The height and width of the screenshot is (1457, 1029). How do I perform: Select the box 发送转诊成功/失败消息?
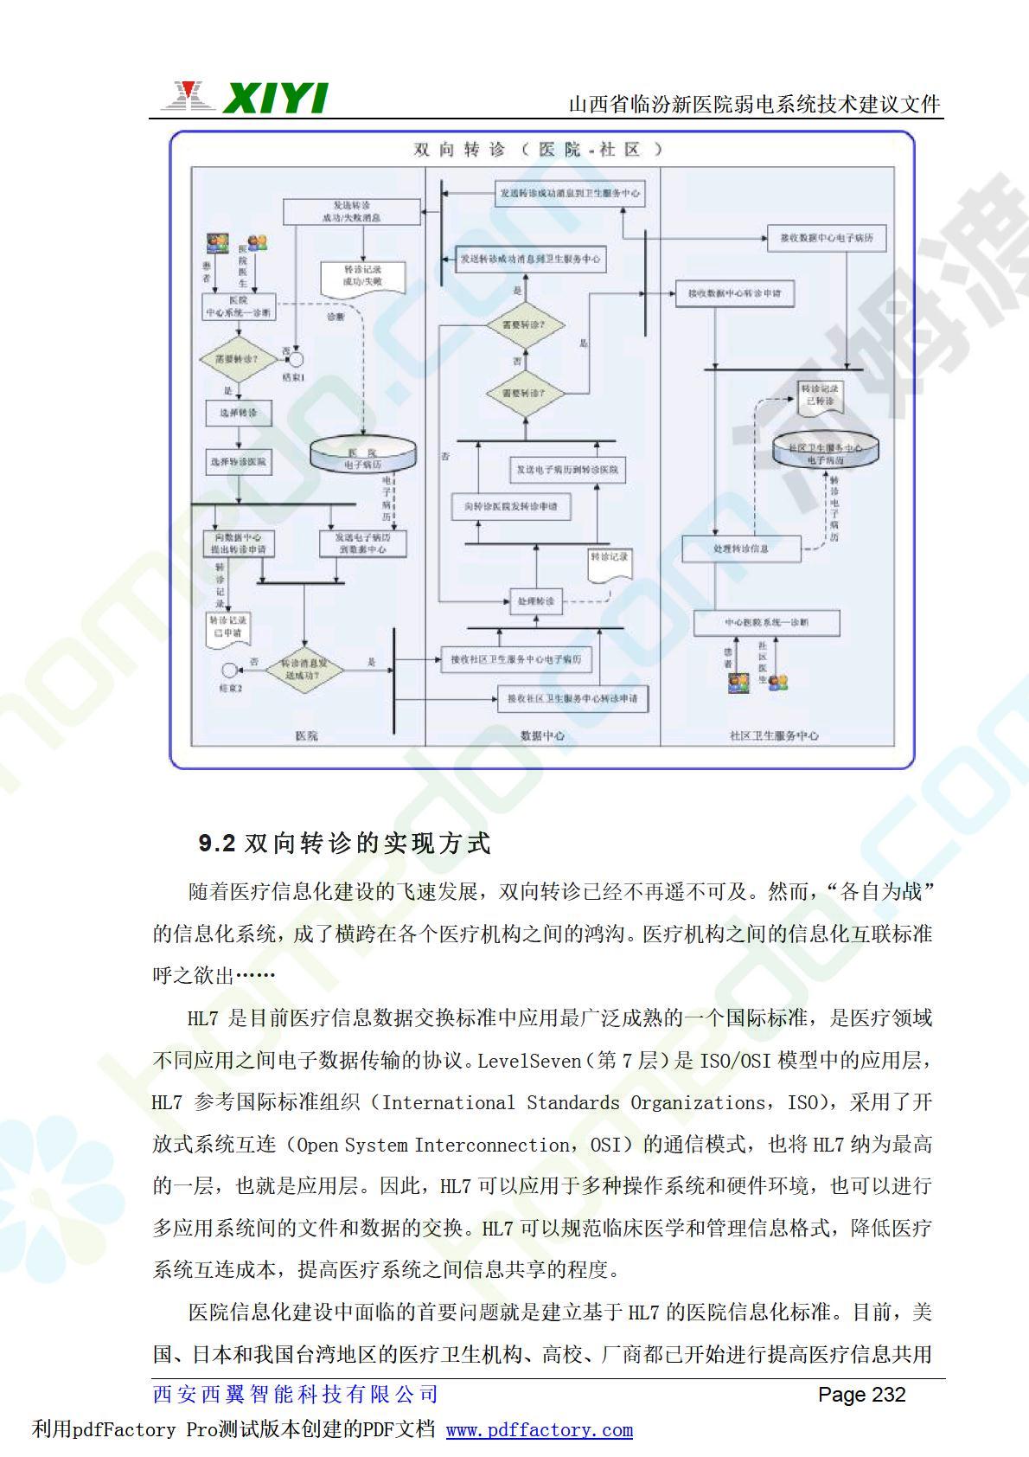pos(351,212)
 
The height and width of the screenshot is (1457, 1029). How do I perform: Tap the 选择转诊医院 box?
pos(238,461)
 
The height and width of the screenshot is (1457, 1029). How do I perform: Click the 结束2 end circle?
pos(229,670)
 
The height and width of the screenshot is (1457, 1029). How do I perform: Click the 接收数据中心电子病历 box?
pos(827,237)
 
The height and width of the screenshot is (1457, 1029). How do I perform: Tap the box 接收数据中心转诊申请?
pos(734,294)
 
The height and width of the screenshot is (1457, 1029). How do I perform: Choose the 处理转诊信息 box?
pos(741,549)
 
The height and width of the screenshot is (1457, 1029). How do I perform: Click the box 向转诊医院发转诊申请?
pos(511,506)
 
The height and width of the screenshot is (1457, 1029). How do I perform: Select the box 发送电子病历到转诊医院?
pos(567,469)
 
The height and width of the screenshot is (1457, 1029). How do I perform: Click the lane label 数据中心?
pos(542,736)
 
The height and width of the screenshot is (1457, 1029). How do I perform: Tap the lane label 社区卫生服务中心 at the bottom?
pos(773,736)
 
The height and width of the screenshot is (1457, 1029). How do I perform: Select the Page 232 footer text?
pos(861,1395)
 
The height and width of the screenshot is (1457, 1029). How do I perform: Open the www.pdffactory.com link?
pos(539,1430)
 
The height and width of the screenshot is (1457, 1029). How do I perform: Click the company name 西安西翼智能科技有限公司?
pos(296,1395)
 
